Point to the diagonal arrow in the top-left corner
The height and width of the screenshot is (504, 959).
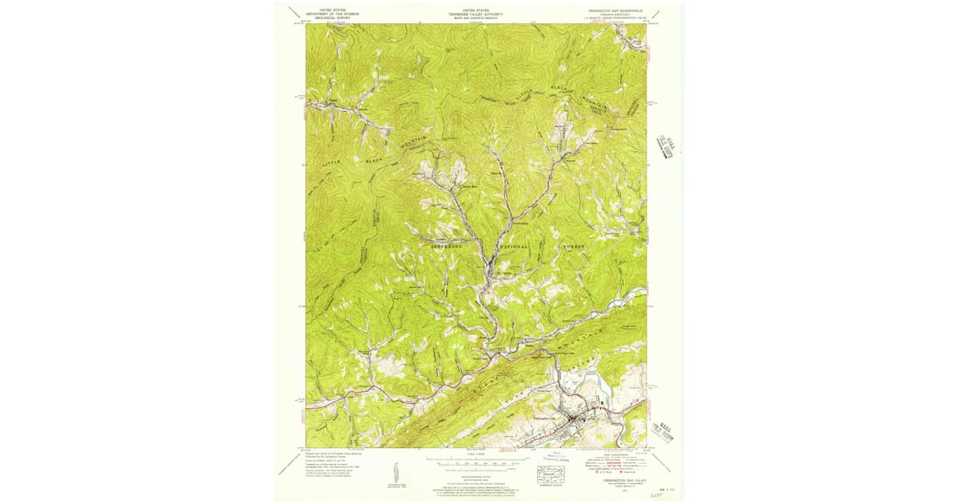point(296,15)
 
